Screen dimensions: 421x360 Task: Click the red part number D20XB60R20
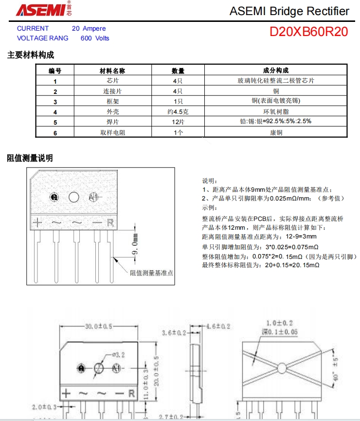[x=309, y=32]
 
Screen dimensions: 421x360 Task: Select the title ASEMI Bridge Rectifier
[x=289, y=11]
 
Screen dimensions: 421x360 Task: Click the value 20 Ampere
[x=89, y=29]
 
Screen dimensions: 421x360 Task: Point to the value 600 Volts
[x=95, y=38]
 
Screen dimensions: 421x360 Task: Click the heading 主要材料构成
[x=30, y=55]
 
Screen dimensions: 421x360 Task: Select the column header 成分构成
[x=276, y=71]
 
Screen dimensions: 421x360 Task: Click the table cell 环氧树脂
[x=276, y=111]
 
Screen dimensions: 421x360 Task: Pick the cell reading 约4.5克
[x=178, y=111]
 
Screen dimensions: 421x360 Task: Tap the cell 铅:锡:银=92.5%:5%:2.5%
[x=276, y=122]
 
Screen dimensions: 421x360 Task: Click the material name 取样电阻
[x=113, y=132]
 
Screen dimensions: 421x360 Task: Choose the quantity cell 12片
[x=178, y=122]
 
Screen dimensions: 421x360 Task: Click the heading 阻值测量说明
[x=30, y=158]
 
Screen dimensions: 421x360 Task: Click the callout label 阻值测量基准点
[x=151, y=273]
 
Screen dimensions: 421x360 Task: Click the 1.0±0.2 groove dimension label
[x=280, y=323]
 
